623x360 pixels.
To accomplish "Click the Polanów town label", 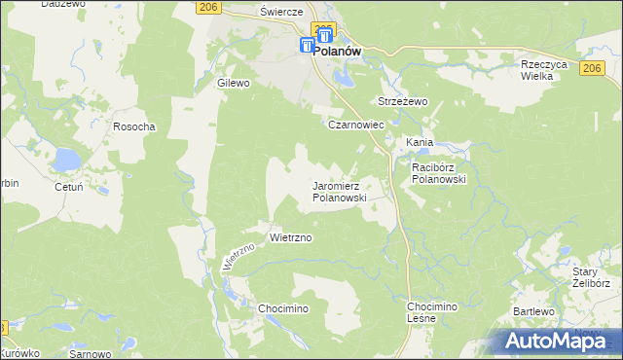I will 337,54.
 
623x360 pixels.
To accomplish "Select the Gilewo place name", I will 235,84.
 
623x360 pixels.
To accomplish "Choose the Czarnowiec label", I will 356,126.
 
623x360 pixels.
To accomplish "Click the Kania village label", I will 420,142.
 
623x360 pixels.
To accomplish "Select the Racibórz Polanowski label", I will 440,173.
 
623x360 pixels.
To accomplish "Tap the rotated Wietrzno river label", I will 238,256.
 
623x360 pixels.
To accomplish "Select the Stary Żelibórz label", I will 591,277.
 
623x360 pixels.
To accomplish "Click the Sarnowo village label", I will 91,355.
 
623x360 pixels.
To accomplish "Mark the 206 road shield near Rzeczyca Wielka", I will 592,67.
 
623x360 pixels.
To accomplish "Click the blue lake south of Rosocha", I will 67,158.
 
